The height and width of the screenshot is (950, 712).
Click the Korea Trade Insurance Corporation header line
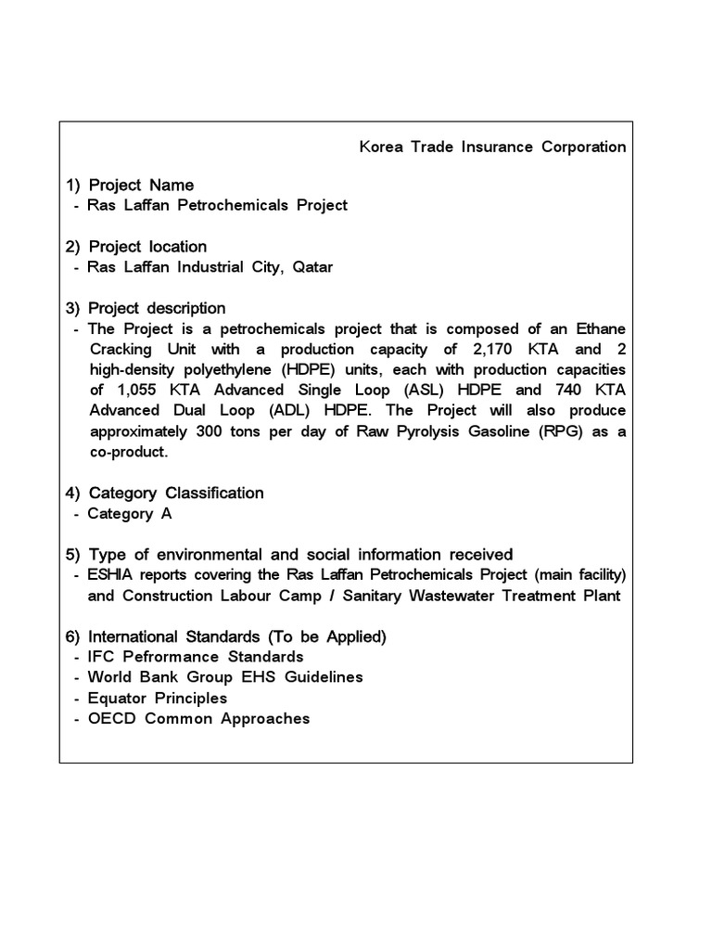(x=491, y=147)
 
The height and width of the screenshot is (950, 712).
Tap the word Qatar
(x=312, y=267)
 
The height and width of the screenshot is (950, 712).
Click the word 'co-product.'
(x=129, y=451)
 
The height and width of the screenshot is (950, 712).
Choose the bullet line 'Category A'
(x=129, y=513)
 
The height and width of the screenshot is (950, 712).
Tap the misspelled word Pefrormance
(x=170, y=657)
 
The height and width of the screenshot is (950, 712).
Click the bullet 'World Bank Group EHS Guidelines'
(x=225, y=677)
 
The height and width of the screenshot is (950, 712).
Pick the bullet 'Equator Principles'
(x=157, y=698)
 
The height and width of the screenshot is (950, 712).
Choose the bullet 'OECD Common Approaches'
(x=198, y=718)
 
